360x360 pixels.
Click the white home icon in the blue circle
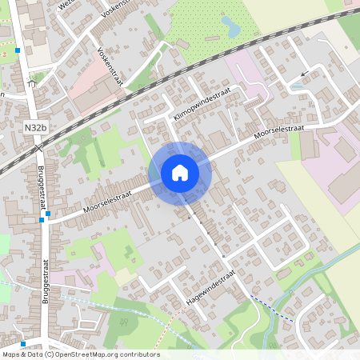point(180,172)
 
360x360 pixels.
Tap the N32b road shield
point(35,127)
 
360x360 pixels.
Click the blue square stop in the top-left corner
point(18,50)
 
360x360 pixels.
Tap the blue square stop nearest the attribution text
point(23,344)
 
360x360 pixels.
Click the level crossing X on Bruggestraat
point(37,147)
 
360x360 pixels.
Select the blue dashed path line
point(271,308)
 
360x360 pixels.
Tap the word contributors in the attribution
point(139,354)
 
